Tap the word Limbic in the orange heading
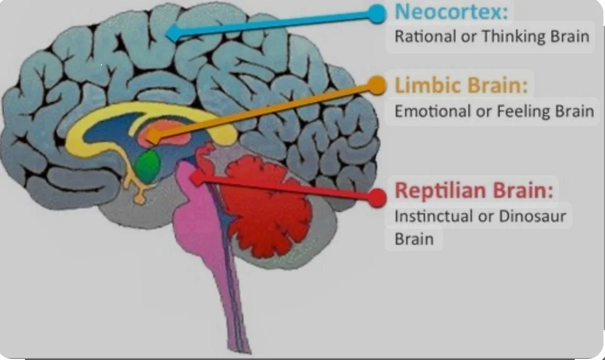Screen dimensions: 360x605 point(422,85)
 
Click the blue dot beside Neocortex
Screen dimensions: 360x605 point(376,14)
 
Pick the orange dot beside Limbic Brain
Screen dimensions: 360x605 point(376,85)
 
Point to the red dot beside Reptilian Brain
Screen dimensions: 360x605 point(377,198)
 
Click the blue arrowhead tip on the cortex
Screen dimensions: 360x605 point(169,34)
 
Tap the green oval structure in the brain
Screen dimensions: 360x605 point(148,166)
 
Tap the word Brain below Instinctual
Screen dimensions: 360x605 point(414,239)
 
